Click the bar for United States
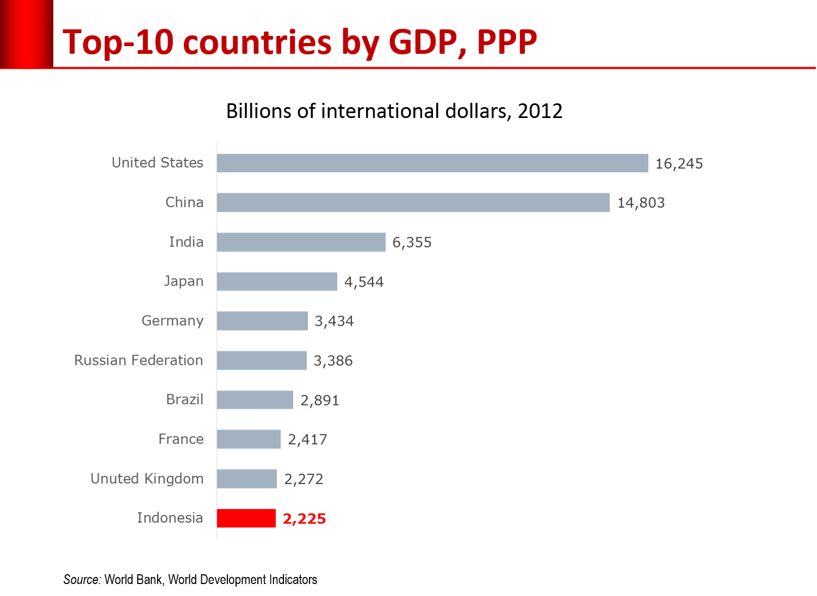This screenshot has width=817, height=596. pos(432,163)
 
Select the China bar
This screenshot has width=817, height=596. pos(413,202)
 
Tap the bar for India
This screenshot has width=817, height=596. pos(301,242)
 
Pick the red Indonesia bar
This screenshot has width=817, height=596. pos(246,518)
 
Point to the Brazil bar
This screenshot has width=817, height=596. pos(255,400)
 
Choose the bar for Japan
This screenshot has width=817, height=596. pos(277,281)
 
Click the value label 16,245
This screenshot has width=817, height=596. pos(679,163)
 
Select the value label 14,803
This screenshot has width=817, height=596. pos(641,203)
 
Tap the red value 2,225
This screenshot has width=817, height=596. pos(304,519)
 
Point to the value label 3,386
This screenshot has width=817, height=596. pos(333,361)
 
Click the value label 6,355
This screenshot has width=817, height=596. pos(412,243)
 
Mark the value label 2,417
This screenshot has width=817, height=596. pos(307,439)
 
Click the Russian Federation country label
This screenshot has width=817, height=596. pos(139,360)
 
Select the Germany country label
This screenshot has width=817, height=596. pos(172,321)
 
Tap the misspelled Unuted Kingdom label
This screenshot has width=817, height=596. pos(147,479)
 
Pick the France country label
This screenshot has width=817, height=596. pos(181,439)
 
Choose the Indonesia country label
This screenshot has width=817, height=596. pos(170,518)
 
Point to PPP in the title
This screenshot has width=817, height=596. pos(507,42)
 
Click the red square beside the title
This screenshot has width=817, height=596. pos(26,34)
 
